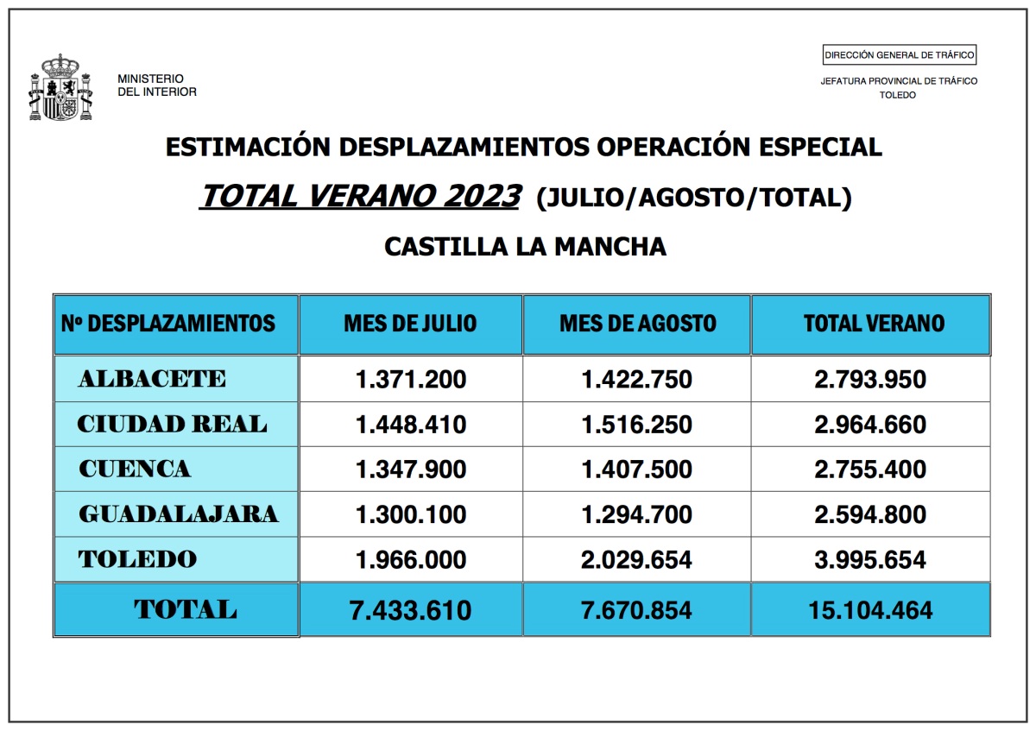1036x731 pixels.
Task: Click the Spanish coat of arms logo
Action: tap(61, 87)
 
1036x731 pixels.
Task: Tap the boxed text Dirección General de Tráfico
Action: tap(899, 55)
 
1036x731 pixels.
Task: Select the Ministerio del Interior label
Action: tap(157, 85)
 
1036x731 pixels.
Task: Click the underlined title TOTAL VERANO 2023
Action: tap(361, 196)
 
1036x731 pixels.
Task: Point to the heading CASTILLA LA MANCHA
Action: tap(525, 247)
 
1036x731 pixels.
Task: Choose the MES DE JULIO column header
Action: tap(410, 323)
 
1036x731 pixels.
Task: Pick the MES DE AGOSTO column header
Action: tap(638, 323)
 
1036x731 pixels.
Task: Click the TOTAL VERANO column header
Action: tap(874, 323)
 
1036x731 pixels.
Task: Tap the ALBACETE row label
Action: tap(152, 379)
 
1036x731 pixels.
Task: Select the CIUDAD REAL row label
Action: tap(172, 424)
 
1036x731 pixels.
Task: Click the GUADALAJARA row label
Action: tap(179, 514)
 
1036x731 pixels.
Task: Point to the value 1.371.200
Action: tap(411, 379)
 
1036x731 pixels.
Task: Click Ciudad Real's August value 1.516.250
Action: tap(636, 424)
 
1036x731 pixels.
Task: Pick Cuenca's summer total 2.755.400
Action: tap(870, 469)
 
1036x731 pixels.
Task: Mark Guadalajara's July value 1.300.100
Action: tap(411, 514)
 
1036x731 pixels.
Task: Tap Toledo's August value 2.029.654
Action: tap(636, 559)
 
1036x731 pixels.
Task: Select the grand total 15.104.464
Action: tap(870, 610)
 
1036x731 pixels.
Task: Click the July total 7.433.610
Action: tap(410, 610)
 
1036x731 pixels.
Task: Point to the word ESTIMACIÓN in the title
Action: tap(248, 147)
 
